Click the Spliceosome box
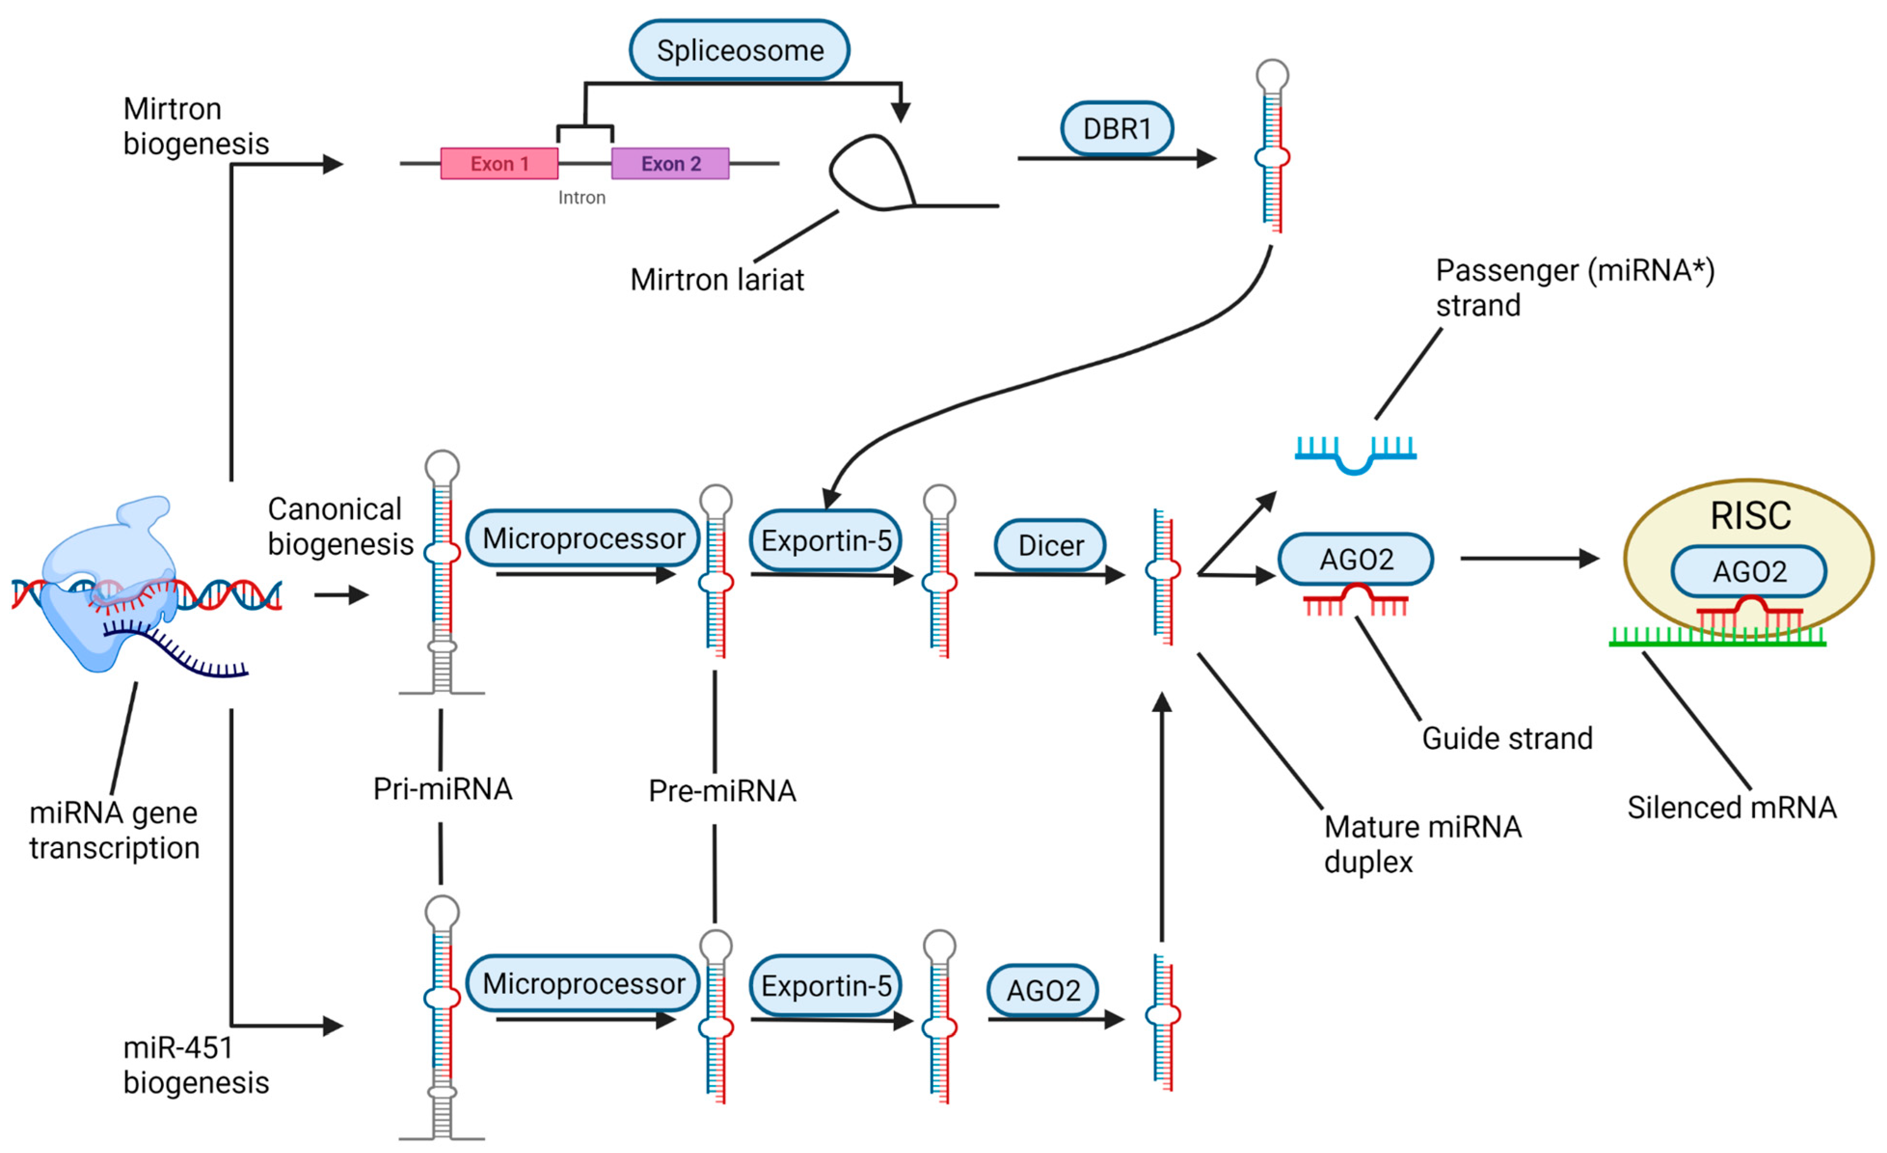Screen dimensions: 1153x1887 tap(739, 51)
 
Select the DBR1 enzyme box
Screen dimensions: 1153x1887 tap(1117, 129)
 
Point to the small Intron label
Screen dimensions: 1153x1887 tap(581, 198)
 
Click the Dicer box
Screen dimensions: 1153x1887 tap(1050, 546)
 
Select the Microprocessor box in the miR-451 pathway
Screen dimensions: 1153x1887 tap(583, 984)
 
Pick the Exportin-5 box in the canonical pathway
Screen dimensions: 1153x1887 tap(825, 541)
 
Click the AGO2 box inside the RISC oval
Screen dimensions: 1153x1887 tap(1749, 572)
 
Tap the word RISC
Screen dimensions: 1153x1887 tap(1751, 516)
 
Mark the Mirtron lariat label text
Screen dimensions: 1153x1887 tap(717, 280)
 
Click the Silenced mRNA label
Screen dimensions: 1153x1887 tap(1732, 808)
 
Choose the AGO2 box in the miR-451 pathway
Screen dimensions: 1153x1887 tap(1042, 990)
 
